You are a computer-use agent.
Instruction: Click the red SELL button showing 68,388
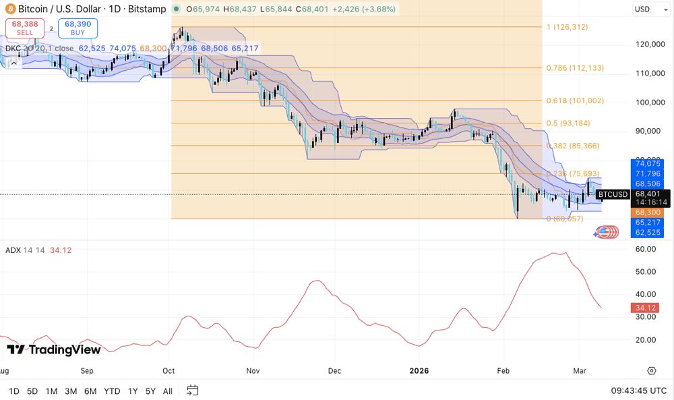(x=24, y=28)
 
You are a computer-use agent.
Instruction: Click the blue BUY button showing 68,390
(x=78, y=28)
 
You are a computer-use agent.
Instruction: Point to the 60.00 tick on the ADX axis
(x=646, y=249)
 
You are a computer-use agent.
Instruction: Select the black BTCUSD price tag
(x=612, y=194)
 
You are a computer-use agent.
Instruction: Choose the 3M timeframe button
(x=70, y=391)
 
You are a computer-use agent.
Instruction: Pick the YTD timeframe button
(x=112, y=391)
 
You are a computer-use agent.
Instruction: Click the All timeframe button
(x=168, y=391)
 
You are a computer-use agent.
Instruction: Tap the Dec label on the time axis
(x=334, y=370)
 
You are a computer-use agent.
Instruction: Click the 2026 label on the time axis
(x=419, y=370)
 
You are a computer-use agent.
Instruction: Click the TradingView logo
(x=54, y=349)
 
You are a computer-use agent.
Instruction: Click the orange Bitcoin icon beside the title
(x=9, y=9)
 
